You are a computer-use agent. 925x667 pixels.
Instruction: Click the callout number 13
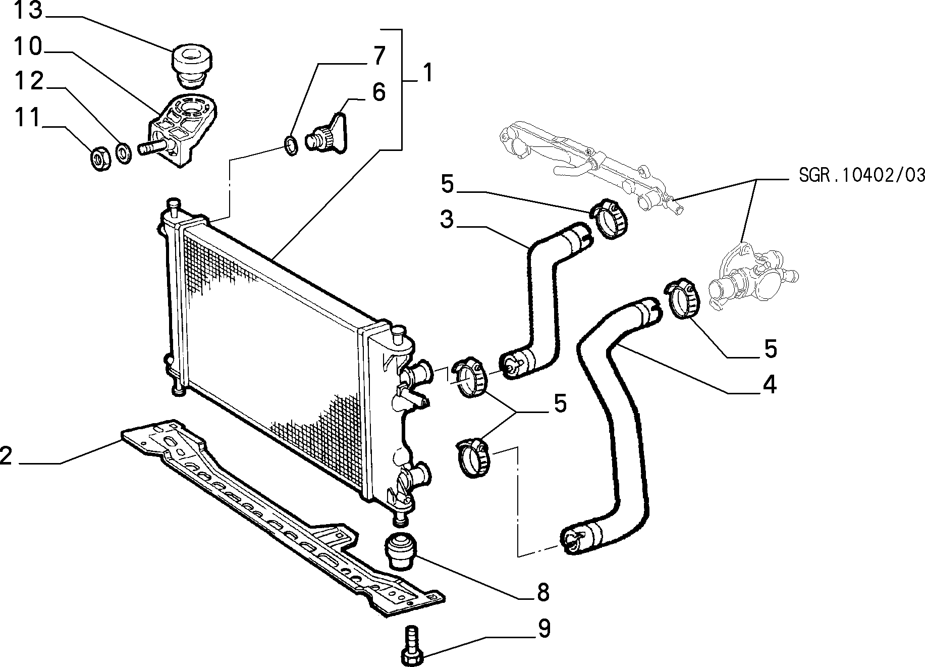tap(28, 11)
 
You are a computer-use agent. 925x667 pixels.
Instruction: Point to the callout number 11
tap(27, 118)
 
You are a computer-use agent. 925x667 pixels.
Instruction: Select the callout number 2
tap(6, 455)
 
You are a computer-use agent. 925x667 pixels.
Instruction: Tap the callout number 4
tap(769, 385)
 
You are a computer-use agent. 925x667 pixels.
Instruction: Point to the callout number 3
tap(447, 220)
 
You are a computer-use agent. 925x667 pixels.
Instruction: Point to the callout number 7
tap(379, 56)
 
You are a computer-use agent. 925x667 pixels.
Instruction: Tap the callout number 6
tap(378, 93)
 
